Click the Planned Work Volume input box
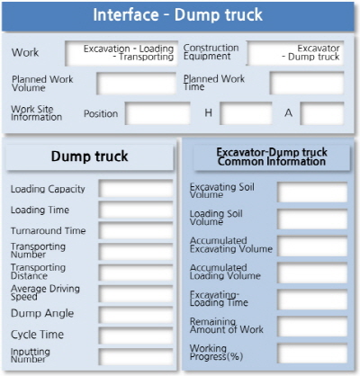tap(136, 84)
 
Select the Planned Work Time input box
tap(307, 84)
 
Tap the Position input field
tap(157, 113)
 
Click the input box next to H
tap(246, 113)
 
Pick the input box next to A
tap(322, 113)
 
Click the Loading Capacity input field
tap(136, 189)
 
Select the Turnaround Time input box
tap(136, 230)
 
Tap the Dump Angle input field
tap(136, 315)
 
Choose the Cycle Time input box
tap(136, 336)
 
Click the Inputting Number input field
tap(136, 356)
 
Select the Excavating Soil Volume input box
tap(312, 192)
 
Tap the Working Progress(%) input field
tap(312, 354)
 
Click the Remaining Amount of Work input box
tap(312, 327)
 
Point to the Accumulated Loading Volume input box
tap(312, 273)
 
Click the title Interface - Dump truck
tap(178, 14)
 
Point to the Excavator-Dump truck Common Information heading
tap(272, 157)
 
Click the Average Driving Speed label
tap(45, 292)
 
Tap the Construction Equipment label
tap(211, 52)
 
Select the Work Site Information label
tap(36, 113)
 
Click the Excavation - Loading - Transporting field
tap(121, 53)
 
